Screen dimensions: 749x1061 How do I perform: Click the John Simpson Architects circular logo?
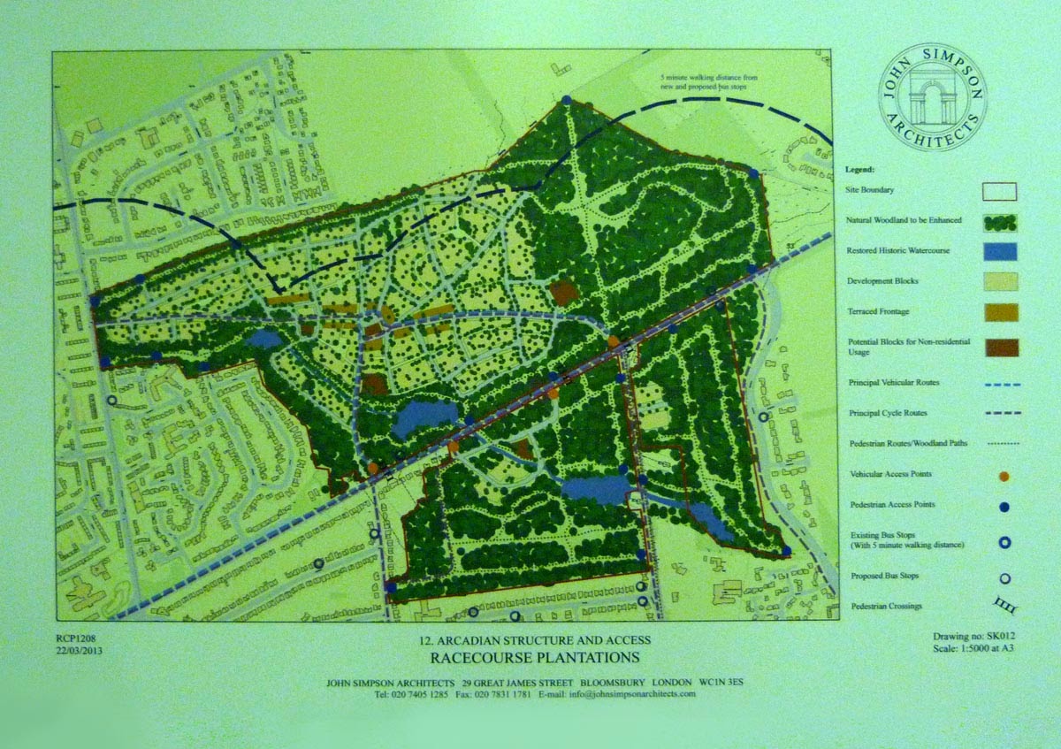click(933, 97)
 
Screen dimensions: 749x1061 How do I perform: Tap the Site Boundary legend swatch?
click(999, 191)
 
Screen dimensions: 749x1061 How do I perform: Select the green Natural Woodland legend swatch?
click(999, 221)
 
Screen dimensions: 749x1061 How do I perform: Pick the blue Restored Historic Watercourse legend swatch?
click(999, 251)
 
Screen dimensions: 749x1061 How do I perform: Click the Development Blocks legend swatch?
click(999, 281)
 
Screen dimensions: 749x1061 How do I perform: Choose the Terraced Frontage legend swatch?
click(999, 312)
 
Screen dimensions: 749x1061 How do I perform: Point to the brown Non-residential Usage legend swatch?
click(999, 347)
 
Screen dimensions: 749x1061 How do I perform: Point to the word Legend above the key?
click(859, 168)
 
